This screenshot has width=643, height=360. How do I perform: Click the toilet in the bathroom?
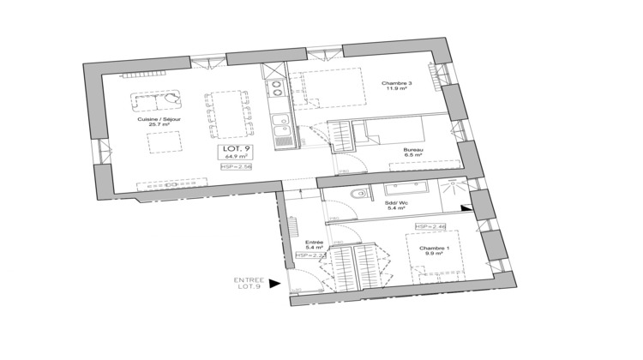tap(360, 196)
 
